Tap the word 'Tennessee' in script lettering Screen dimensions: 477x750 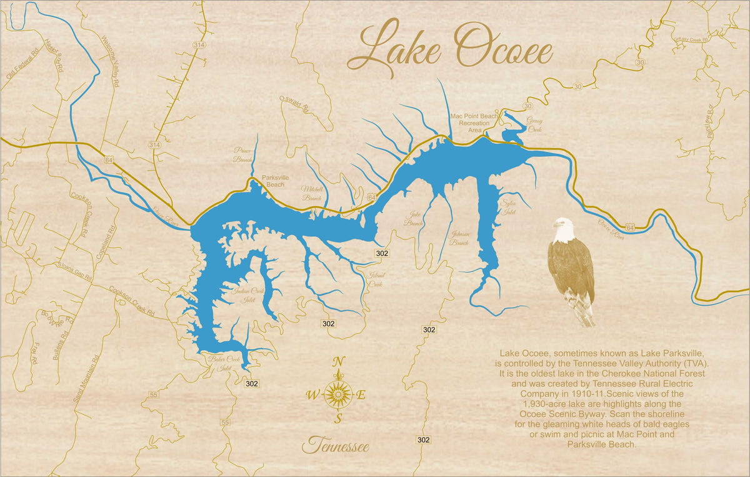[336, 446]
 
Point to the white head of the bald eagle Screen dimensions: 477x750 [562, 229]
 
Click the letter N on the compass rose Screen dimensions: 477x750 [339, 362]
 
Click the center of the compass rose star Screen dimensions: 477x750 [339, 394]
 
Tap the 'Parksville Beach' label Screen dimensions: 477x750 [272, 181]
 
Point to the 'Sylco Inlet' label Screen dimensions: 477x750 [509, 208]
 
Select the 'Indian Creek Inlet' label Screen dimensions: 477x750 [248, 295]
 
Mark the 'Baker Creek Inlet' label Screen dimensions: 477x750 [225, 363]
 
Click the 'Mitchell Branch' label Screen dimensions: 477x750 [312, 193]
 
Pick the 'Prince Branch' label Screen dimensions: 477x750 [242, 154]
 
